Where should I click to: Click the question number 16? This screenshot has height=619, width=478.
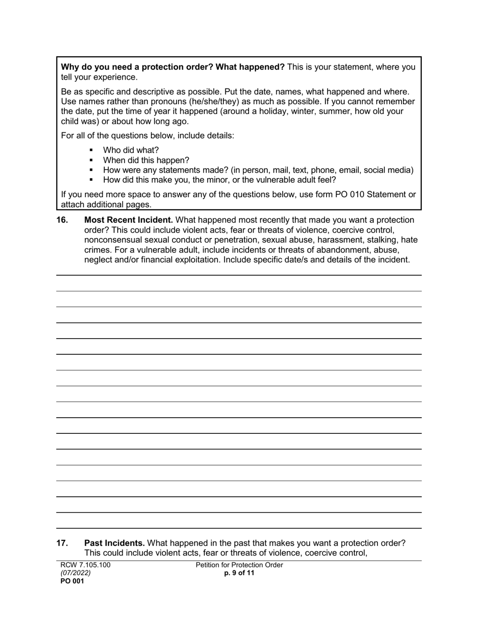(62, 220)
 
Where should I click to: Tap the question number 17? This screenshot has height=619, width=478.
(62, 543)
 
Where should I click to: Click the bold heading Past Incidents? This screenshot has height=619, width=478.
(114, 543)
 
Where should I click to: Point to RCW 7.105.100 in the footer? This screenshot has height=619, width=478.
(85, 565)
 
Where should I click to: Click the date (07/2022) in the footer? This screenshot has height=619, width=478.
(75, 573)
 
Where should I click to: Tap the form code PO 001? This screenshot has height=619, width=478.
(72, 581)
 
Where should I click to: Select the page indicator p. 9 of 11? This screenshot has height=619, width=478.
(240, 573)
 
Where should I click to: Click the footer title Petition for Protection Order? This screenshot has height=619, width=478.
(240, 565)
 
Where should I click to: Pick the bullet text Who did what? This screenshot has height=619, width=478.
(131, 150)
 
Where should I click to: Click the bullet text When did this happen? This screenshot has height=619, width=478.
(146, 160)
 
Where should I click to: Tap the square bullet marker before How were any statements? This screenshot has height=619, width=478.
(91, 170)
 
